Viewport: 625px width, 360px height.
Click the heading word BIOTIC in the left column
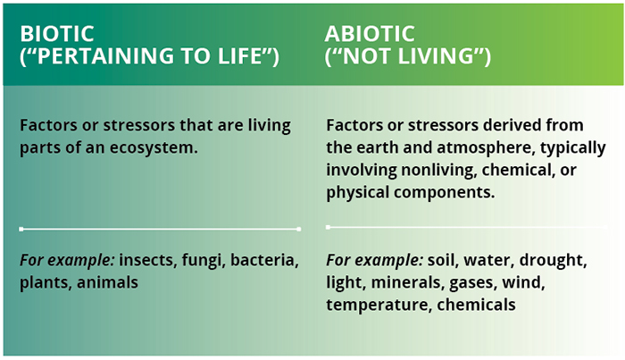click(x=57, y=33)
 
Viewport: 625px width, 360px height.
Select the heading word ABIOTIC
click(x=370, y=33)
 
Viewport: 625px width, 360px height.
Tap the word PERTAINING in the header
click(x=105, y=55)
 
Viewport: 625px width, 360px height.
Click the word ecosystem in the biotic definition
click(x=154, y=147)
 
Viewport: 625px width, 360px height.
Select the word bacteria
click(x=264, y=260)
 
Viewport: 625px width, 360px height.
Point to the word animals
click(x=107, y=282)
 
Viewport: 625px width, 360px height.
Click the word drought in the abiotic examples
click(x=553, y=261)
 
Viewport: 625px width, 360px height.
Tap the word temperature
click(x=379, y=306)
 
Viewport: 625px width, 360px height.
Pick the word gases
click(x=472, y=283)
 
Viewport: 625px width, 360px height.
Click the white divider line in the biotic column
click(x=160, y=229)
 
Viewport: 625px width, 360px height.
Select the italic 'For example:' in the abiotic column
click(x=374, y=260)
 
